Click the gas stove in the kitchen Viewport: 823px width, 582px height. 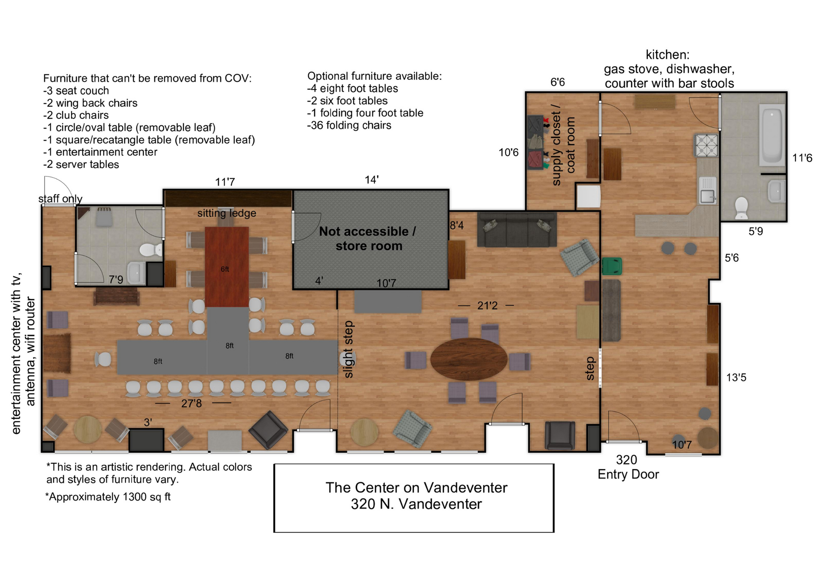[x=706, y=146]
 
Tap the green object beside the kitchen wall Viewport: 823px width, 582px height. [x=612, y=266]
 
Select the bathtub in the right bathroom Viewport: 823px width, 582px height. [x=772, y=135]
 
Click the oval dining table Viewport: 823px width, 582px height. [x=469, y=360]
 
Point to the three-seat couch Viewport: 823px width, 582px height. [x=517, y=229]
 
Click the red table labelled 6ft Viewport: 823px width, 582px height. [x=227, y=267]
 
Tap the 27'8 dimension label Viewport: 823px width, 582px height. [x=191, y=403]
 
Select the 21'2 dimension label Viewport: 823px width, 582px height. [x=487, y=306]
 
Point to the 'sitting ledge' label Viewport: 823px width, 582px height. [x=227, y=213]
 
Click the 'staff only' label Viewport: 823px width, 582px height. [x=60, y=198]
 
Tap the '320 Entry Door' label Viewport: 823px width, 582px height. [x=628, y=467]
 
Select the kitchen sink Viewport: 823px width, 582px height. [x=707, y=190]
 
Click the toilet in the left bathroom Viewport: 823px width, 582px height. [x=151, y=249]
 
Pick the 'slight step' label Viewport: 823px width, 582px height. [x=348, y=349]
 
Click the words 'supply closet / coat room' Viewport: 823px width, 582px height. [x=563, y=145]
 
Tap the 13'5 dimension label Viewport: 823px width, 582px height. [x=736, y=378]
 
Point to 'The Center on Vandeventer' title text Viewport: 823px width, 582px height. [x=416, y=488]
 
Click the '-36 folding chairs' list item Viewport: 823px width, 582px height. [x=349, y=125]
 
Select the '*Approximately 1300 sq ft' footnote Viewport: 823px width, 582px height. [x=108, y=497]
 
